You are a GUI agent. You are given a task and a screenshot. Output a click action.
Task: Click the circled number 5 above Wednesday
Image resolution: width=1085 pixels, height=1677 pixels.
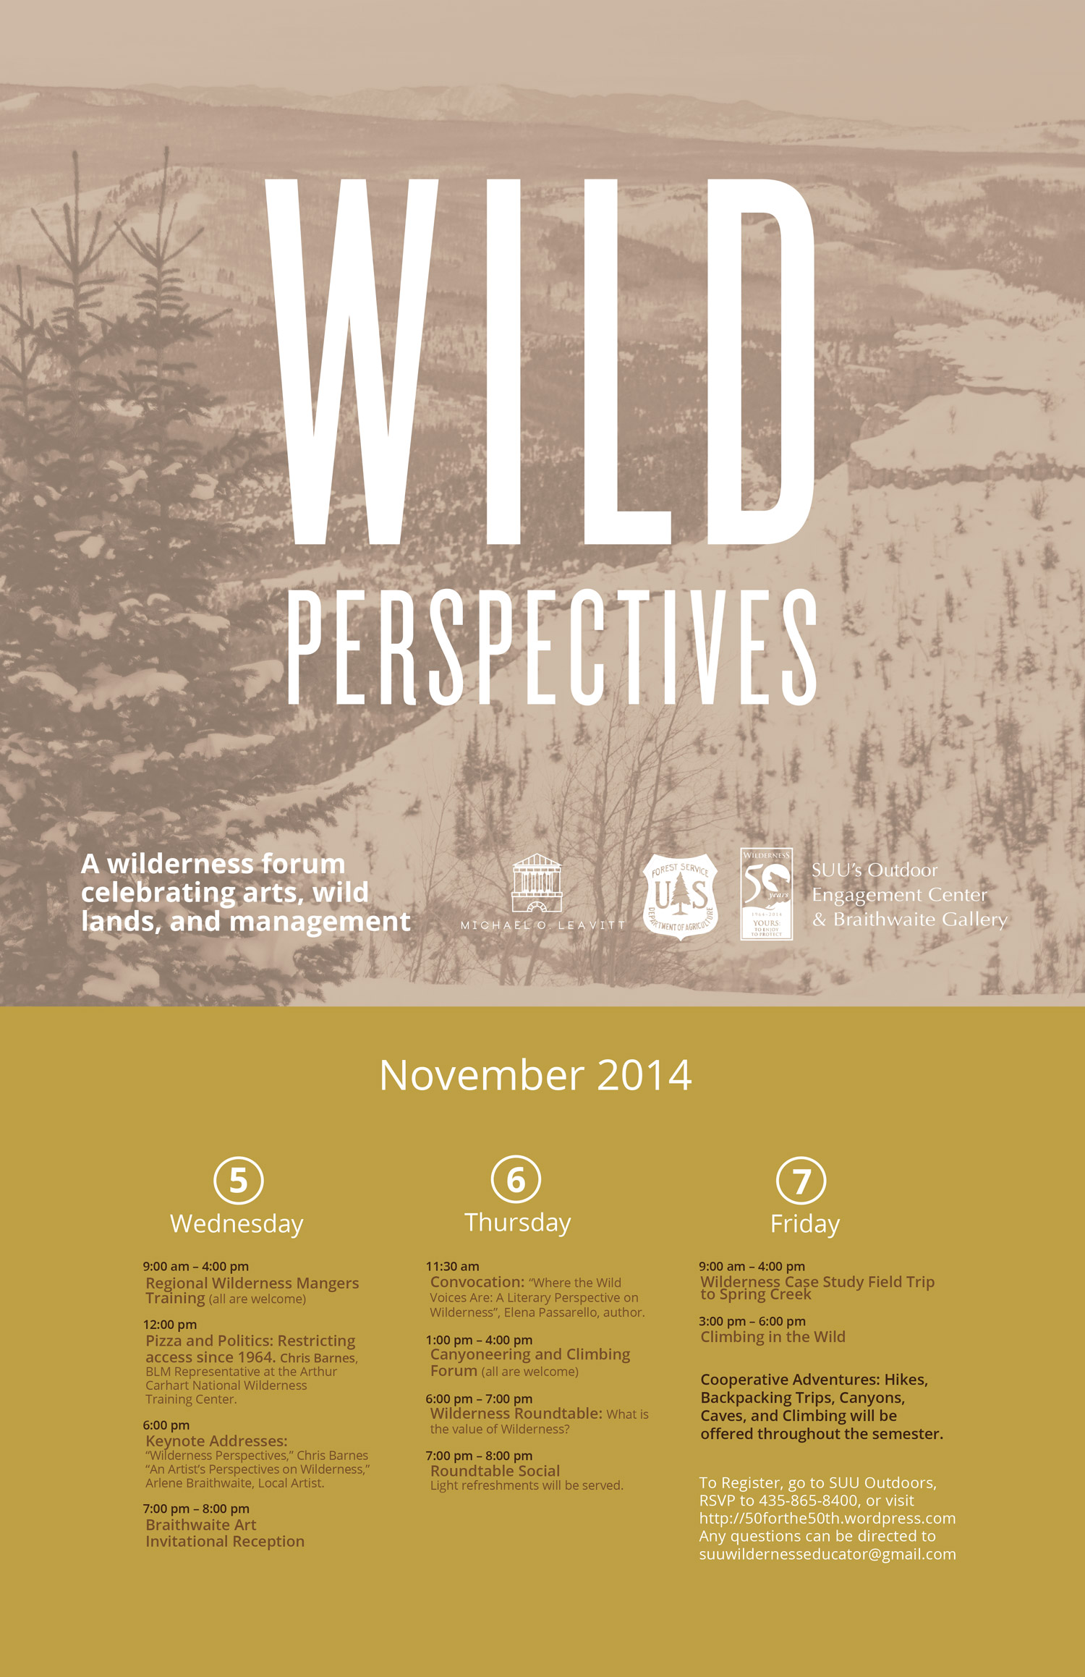(239, 1180)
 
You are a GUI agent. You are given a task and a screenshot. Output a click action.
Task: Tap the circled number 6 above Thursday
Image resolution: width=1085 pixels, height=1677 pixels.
(516, 1179)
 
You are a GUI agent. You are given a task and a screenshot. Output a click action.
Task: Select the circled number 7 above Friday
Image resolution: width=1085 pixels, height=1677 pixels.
(801, 1181)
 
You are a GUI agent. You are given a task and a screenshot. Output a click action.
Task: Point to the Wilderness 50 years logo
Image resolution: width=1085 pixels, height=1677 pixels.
(766, 894)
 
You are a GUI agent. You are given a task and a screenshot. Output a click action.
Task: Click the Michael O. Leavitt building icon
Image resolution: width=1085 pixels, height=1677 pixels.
(537, 883)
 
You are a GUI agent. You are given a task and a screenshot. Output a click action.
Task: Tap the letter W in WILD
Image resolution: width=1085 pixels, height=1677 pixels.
(352, 362)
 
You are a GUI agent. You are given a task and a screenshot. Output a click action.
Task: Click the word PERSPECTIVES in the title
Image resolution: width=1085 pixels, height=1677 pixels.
(553, 646)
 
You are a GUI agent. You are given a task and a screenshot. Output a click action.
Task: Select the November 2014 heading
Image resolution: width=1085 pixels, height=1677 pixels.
(535, 1075)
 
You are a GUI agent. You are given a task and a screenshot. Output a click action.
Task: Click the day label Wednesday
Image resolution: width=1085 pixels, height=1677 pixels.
(237, 1224)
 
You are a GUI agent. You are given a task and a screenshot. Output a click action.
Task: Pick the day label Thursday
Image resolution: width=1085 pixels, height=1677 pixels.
(518, 1222)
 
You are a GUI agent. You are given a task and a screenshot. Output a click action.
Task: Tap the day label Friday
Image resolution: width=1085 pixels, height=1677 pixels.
(805, 1223)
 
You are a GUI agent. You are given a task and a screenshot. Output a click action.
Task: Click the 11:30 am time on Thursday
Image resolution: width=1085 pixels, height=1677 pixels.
(452, 1266)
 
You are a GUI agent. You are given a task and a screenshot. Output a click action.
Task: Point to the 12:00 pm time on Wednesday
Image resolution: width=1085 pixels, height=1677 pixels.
(170, 1325)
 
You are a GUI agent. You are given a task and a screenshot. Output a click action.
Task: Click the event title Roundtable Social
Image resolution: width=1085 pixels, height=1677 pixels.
(495, 1471)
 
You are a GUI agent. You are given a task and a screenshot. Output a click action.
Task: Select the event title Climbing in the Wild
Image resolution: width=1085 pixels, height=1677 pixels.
(773, 1337)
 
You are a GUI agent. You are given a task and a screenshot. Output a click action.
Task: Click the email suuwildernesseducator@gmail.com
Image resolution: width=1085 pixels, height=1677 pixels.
(827, 1554)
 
